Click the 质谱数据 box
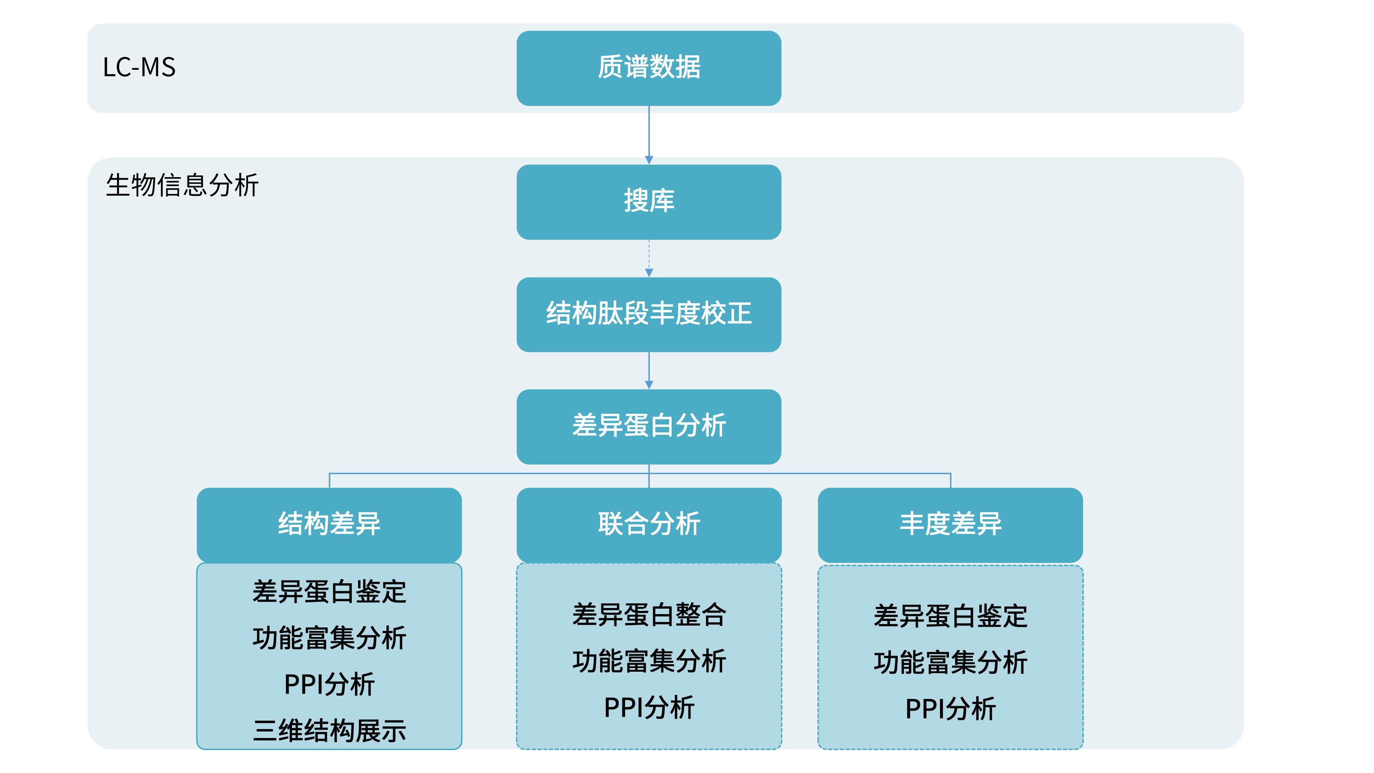[x=649, y=68]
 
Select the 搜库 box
[x=649, y=201]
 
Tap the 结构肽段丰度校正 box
[x=649, y=314]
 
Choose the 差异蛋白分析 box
[x=649, y=426]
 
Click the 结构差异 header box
[x=329, y=524]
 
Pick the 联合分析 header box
[x=649, y=524]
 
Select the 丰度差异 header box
[x=950, y=524]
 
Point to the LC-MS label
[x=139, y=68]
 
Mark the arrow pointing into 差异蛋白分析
[x=649, y=370]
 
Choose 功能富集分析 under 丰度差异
[x=950, y=662]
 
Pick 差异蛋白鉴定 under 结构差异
[x=329, y=592]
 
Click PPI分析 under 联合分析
[x=649, y=708]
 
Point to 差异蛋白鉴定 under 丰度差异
[x=950, y=616]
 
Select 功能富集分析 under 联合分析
[x=649, y=661]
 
